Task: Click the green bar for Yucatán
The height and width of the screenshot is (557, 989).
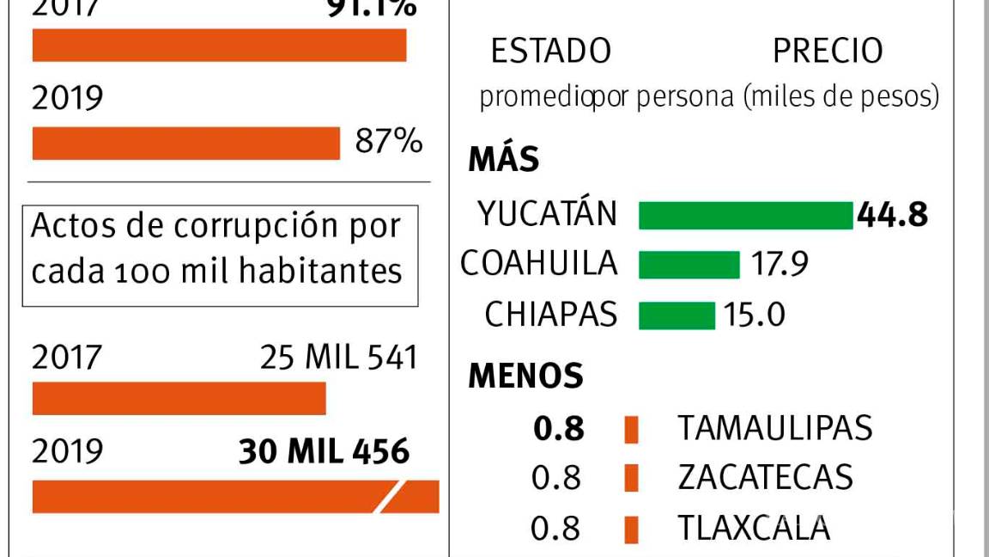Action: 745,216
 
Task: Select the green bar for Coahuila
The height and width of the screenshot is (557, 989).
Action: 689,265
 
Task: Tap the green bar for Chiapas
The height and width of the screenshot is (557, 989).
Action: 677,315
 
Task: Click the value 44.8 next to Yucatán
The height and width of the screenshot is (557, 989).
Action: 892,215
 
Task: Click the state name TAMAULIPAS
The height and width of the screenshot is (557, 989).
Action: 774,427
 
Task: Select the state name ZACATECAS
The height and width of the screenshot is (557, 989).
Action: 765,477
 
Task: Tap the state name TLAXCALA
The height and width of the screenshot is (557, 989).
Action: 754,528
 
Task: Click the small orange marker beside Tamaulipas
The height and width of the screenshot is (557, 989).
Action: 632,429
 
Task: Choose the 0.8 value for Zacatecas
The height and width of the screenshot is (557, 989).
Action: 556,478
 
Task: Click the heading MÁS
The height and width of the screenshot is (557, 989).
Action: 504,160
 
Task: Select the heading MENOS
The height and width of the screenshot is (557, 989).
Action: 525,376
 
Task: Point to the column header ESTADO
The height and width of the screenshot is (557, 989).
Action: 550,52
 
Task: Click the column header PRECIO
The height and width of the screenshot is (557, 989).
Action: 828,52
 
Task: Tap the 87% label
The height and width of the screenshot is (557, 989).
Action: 389,142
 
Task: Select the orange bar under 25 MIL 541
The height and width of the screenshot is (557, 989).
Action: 179,398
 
